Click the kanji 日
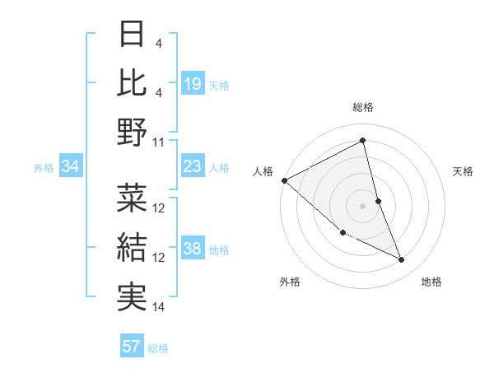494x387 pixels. [x=132, y=35]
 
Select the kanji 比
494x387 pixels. [x=132, y=82]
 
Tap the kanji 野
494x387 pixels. [x=132, y=131]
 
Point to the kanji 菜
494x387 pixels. [x=132, y=198]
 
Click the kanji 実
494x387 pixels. [x=132, y=296]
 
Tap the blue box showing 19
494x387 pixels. [x=193, y=83]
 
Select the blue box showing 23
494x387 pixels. [x=193, y=167]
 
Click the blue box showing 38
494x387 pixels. [x=193, y=249]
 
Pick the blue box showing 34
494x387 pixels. [x=70, y=167]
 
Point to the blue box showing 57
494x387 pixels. [x=132, y=347]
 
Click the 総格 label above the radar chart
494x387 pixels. [x=362, y=107]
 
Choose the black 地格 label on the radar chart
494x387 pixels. [x=431, y=282]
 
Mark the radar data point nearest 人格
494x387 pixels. [x=284, y=180]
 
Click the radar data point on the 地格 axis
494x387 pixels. [x=402, y=260]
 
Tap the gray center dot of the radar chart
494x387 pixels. [x=362, y=205]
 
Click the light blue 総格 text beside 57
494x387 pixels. [x=158, y=348]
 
